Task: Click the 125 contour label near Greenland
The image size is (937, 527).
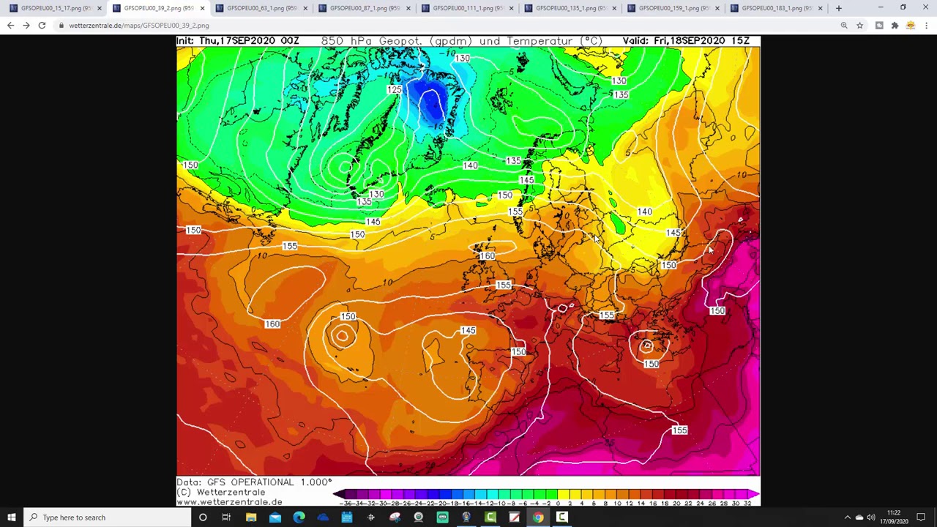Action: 394,90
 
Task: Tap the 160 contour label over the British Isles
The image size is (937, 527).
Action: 487,256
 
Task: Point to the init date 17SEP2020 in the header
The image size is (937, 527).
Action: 253,41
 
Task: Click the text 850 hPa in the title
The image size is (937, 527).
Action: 343,41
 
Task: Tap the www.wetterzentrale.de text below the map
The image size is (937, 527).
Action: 229,502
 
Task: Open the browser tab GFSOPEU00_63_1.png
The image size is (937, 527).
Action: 261,8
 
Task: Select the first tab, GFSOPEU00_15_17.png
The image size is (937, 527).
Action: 56,8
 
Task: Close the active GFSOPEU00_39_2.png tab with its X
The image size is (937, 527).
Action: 202,8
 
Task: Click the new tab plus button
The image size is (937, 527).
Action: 839,8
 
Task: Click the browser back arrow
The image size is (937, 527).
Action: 10,26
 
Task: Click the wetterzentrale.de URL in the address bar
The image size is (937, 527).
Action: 139,26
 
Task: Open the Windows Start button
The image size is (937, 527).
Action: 12,517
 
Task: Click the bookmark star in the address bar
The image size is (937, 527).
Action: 860,26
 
